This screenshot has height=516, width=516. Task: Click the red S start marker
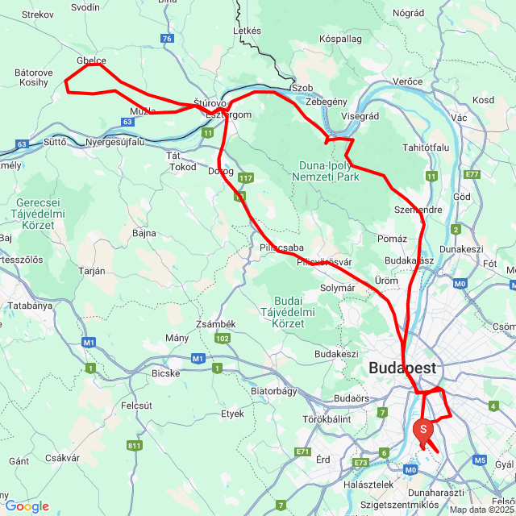423,430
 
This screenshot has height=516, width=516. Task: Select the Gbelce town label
91,60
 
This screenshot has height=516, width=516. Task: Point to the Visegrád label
360,116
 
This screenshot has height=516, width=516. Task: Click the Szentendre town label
418,209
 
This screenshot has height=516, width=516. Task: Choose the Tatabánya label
30,306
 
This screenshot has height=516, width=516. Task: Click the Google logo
27,506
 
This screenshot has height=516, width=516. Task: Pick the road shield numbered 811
134,445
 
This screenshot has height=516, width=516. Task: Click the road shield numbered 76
167,38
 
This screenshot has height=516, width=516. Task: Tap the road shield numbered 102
223,339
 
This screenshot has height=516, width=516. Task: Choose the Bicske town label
165,372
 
